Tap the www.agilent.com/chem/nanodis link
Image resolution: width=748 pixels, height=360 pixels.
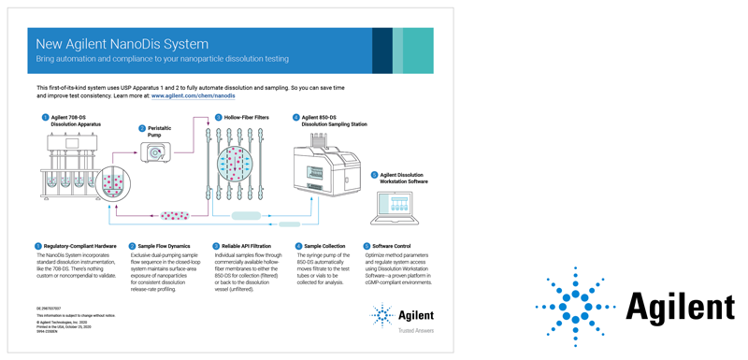(193, 95)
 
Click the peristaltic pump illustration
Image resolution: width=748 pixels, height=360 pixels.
(155, 153)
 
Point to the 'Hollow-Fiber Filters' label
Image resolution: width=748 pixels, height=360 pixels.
(247, 118)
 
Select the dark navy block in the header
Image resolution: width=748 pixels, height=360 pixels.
(381, 50)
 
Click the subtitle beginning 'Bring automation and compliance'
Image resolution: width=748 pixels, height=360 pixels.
(163, 59)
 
